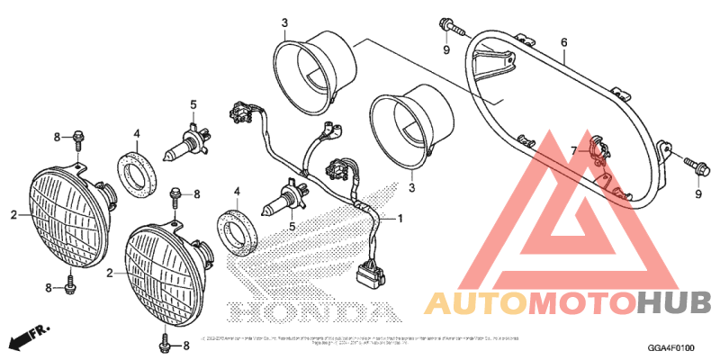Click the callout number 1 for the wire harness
tap(401, 219)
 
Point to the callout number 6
tap(563, 42)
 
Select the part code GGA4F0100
tap(671, 347)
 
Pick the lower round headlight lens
tap(166, 270)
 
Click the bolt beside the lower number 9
tap(696, 164)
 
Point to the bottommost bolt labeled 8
tap(166, 342)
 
